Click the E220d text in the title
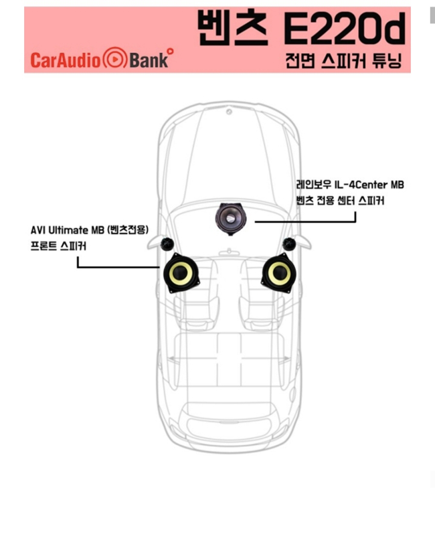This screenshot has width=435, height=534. pyautogui.click(x=344, y=29)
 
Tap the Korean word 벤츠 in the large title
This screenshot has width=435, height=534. pyautogui.click(x=233, y=27)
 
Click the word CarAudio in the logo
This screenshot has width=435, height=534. pyautogui.click(x=66, y=60)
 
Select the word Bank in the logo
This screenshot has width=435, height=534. pyautogui.click(x=149, y=60)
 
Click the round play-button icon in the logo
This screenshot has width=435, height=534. pyautogui.click(x=115, y=60)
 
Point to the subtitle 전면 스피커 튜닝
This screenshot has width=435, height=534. pyautogui.click(x=344, y=61)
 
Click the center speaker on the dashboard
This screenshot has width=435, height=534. pyautogui.click(x=230, y=219)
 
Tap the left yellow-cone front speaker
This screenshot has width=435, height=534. pyautogui.click(x=181, y=273)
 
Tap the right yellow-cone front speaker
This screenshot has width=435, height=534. pyautogui.click(x=278, y=273)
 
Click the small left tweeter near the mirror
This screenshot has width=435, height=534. pyautogui.click(x=167, y=244)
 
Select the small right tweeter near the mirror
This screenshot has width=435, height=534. pyautogui.click(x=289, y=244)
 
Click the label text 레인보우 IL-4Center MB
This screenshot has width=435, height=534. pyautogui.click(x=350, y=185)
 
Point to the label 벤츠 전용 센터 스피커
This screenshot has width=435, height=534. pyautogui.click(x=340, y=201)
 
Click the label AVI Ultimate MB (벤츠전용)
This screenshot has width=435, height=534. pyautogui.click(x=90, y=230)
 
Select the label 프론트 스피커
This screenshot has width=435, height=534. pyautogui.click(x=58, y=246)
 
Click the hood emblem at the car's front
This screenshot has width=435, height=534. pyautogui.click(x=230, y=111)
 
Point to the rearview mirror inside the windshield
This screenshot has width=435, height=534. pyautogui.click(x=230, y=252)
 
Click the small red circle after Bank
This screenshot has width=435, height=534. pyautogui.click(x=171, y=52)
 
